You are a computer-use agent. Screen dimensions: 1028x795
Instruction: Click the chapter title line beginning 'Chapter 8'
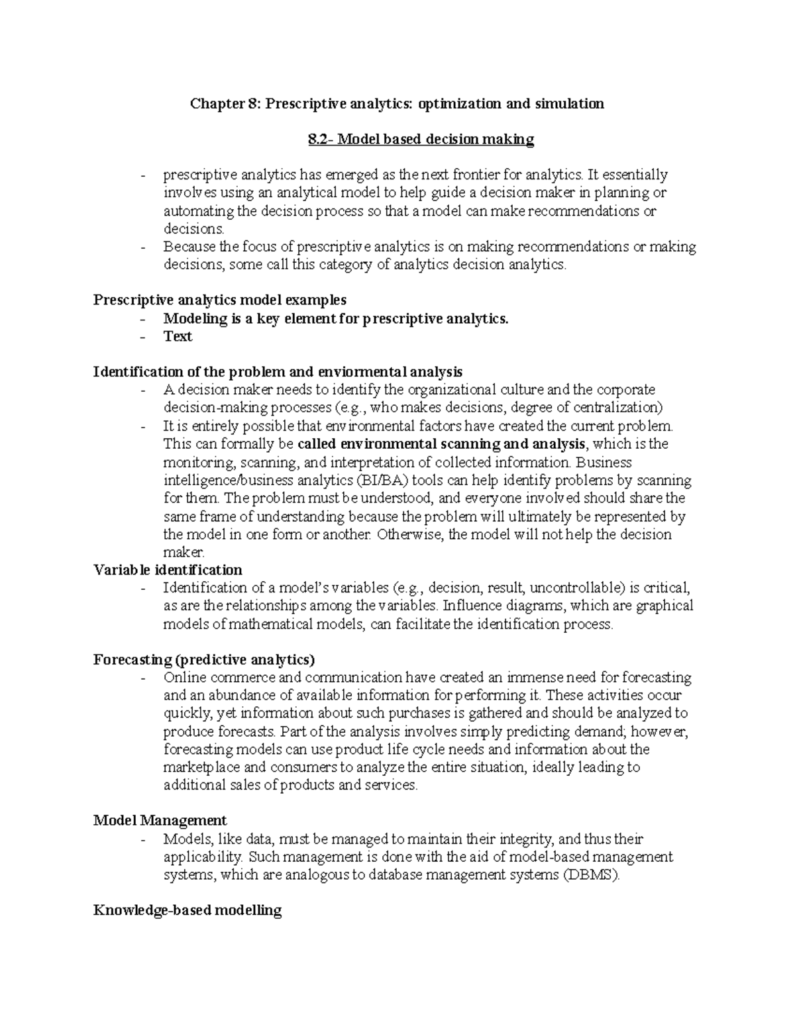pyautogui.click(x=397, y=103)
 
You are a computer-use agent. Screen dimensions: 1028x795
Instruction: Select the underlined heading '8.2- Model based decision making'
pyautogui.click(x=421, y=139)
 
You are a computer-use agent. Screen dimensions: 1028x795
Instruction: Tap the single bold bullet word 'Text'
pyautogui.click(x=178, y=336)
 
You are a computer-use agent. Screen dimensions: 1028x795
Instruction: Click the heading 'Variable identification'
pyautogui.click(x=168, y=570)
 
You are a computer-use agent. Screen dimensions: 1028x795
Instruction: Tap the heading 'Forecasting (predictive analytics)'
pyautogui.click(x=204, y=659)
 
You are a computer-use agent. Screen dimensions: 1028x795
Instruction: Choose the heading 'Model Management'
pyautogui.click(x=160, y=821)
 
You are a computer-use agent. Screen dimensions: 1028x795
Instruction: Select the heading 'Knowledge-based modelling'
pyautogui.click(x=187, y=910)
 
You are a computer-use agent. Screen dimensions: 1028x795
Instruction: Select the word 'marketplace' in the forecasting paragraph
pyautogui.click(x=197, y=768)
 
